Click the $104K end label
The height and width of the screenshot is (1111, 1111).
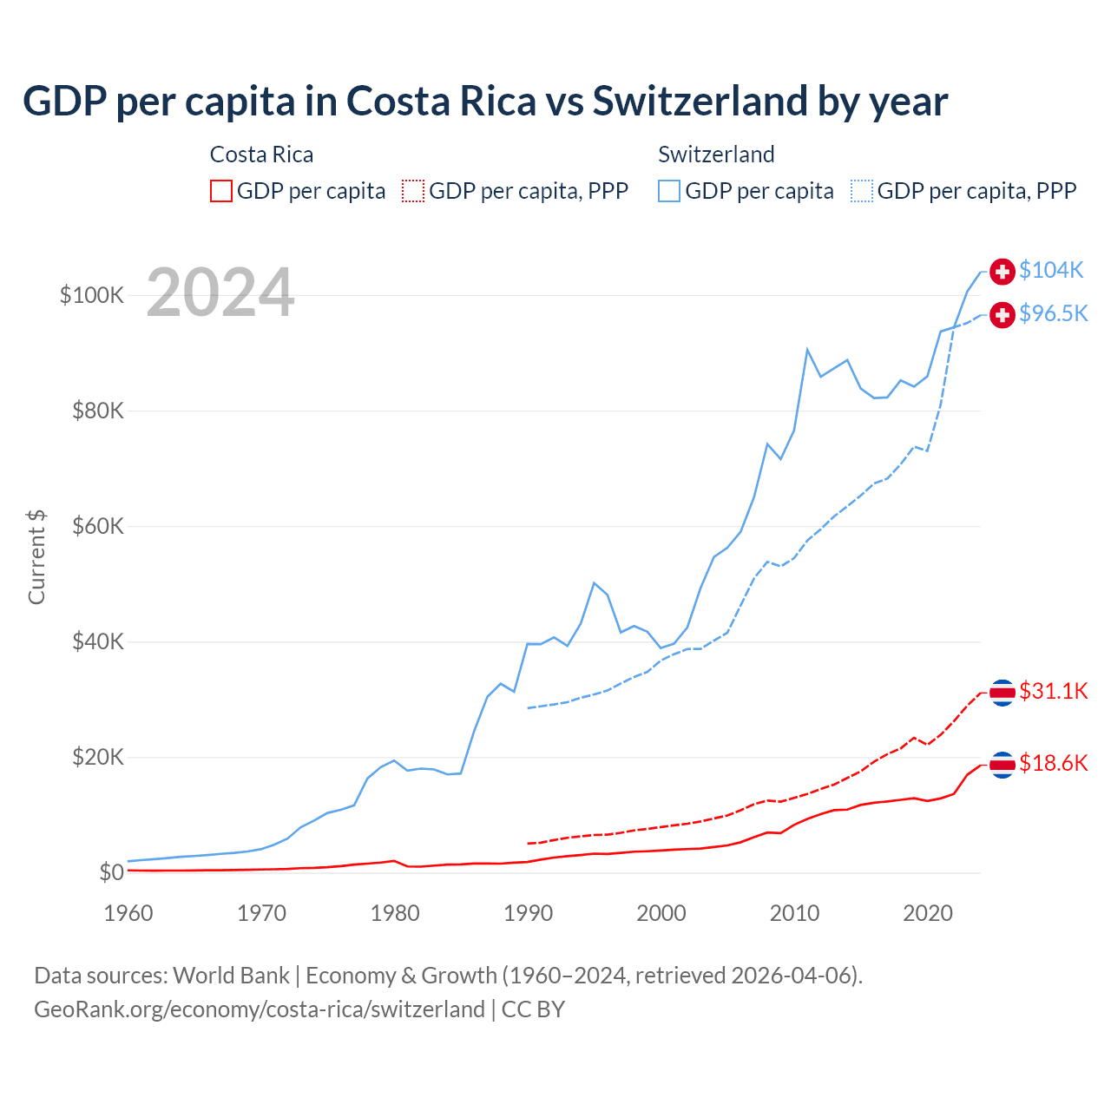[1051, 270]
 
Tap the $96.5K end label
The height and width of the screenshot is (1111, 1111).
[1053, 313]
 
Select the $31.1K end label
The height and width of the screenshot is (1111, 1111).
[1053, 691]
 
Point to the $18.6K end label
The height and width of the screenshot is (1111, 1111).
[1053, 763]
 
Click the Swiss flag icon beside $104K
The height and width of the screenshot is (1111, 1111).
[1003, 272]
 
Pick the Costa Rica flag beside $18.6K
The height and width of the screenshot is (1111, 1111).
[1003, 765]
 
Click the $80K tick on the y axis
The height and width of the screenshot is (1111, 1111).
[98, 411]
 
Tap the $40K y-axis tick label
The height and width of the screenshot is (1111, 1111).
[98, 642]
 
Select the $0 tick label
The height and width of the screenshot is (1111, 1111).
[111, 872]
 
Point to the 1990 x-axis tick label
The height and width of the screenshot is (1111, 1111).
[528, 913]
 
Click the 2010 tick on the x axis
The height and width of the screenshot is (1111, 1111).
[794, 913]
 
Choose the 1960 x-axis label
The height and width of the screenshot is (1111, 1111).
[128, 913]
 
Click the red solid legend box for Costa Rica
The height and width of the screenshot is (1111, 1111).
[221, 191]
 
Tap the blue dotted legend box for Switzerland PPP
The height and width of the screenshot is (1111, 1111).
[862, 191]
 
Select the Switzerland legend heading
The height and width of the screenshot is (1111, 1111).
[716, 154]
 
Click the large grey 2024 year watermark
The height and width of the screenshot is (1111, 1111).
[220, 293]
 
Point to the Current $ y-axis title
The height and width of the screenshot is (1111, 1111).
[36, 556]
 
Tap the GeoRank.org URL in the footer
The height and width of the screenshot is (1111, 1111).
[259, 1009]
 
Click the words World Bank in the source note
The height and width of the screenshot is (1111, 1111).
[231, 976]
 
